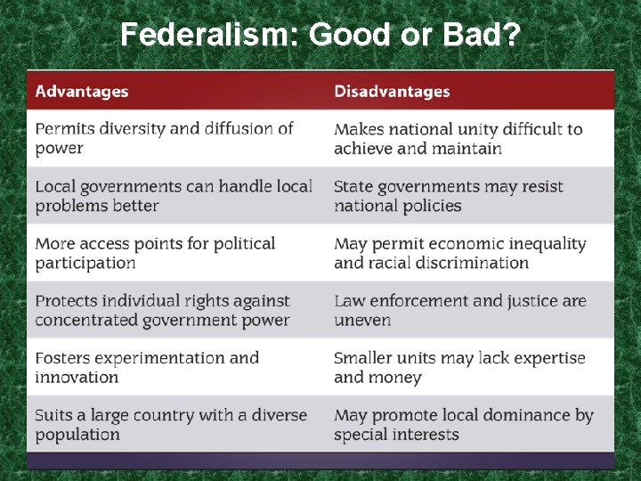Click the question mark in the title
click(512, 35)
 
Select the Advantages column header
click(82, 92)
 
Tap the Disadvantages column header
click(392, 92)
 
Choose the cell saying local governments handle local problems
click(174, 196)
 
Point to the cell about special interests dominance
click(463, 424)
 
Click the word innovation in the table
click(77, 377)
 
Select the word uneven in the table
click(362, 320)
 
